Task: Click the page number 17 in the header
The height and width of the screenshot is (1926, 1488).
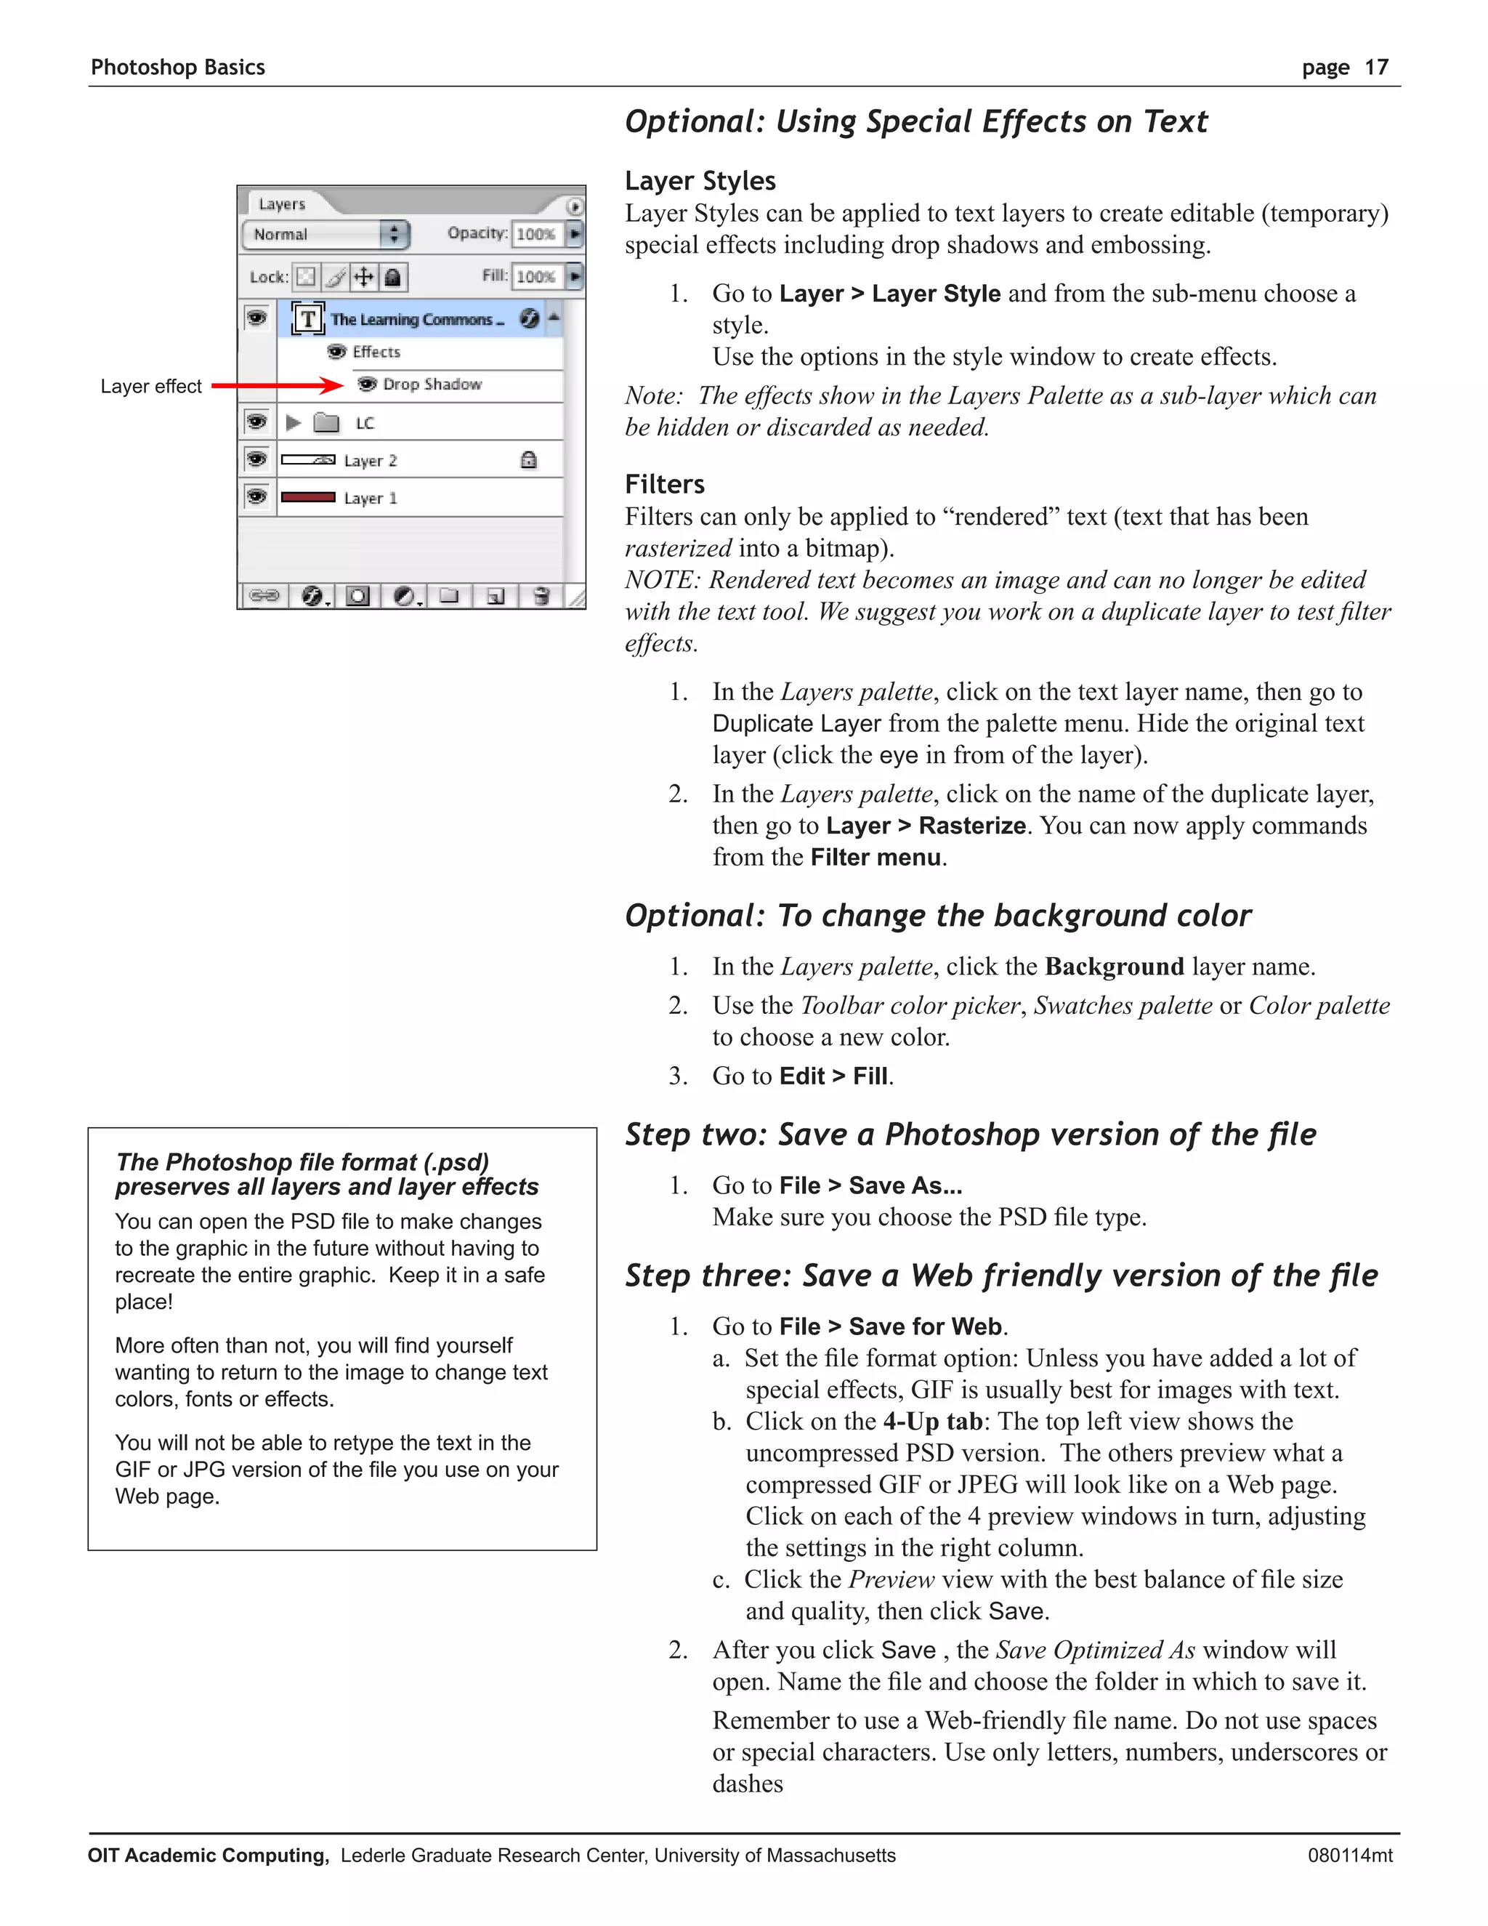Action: click(1376, 68)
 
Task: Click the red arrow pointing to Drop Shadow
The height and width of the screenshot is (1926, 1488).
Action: click(278, 385)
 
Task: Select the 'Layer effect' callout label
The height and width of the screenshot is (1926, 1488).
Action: click(150, 386)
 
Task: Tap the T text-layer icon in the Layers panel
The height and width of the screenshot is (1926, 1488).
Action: click(307, 318)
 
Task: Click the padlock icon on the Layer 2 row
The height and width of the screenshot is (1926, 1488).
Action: click(528, 459)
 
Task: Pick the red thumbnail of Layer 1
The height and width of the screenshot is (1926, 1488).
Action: click(307, 497)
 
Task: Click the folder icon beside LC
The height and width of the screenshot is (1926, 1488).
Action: click(326, 423)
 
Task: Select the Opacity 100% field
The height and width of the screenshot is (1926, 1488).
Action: click(535, 234)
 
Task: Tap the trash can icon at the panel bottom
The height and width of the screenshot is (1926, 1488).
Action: click(541, 596)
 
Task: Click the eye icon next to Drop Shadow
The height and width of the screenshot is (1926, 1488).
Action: click(368, 384)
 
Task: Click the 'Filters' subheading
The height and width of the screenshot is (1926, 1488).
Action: click(664, 484)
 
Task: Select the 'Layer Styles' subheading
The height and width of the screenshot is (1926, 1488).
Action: click(700, 181)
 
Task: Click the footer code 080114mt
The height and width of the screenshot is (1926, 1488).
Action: click(1350, 1856)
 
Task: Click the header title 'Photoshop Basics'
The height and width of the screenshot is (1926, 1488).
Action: click(177, 68)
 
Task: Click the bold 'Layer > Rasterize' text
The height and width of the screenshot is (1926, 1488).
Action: click(926, 826)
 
